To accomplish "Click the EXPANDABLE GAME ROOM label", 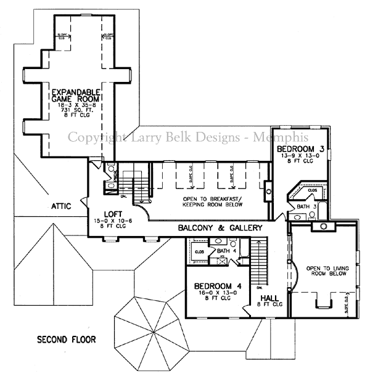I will click(76, 96).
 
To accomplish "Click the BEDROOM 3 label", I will click(300, 150).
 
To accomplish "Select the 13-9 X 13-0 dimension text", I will click(300, 157).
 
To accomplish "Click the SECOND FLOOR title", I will click(65, 340).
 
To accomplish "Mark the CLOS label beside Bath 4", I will click(200, 251).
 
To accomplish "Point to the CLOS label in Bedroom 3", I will click(312, 191).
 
